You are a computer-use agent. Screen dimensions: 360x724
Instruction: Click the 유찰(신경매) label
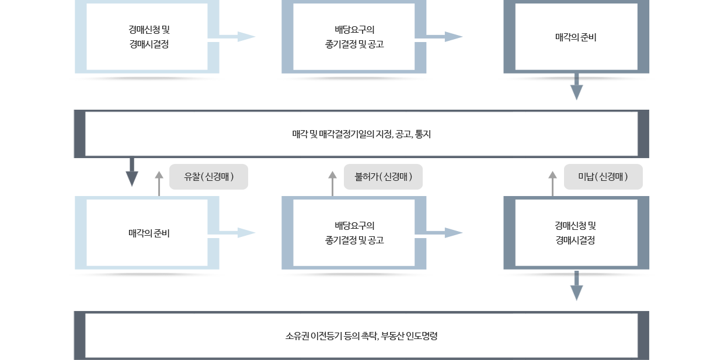pyautogui.click(x=208, y=177)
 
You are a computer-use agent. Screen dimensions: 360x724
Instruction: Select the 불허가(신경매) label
pyautogui.click(x=383, y=177)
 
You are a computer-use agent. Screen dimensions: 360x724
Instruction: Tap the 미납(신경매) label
pyautogui.click(x=603, y=177)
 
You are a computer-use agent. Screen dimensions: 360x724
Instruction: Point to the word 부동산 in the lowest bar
pyautogui.click(x=391, y=336)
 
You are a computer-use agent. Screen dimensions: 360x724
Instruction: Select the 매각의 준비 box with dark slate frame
pyautogui.click(x=576, y=37)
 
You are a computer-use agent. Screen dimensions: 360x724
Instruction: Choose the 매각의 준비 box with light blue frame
pyautogui.click(x=148, y=233)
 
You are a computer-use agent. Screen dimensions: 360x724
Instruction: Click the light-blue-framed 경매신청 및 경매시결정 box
pyautogui.click(x=148, y=37)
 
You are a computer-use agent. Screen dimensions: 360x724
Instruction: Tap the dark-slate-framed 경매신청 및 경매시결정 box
pyautogui.click(x=576, y=233)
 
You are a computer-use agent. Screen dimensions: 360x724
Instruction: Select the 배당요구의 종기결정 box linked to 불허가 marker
pyautogui.click(x=354, y=233)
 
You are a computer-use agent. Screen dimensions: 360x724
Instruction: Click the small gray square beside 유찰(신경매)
pyautogui.click(x=159, y=174)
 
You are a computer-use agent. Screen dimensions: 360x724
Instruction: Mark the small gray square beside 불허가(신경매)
pyautogui.click(x=332, y=174)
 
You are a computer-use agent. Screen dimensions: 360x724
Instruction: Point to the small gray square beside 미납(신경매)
pyautogui.click(x=552, y=174)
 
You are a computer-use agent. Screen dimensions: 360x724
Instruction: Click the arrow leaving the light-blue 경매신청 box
pyautogui.click(x=239, y=37)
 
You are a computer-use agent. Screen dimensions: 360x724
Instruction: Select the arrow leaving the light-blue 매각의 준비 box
pyautogui.click(x=239, y=233)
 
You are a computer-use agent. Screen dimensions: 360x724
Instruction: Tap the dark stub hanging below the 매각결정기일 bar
pyautogui.click(x=131, y=172)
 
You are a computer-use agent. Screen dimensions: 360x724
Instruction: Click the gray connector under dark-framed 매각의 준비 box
pyautogui.click(x=576, y=90)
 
